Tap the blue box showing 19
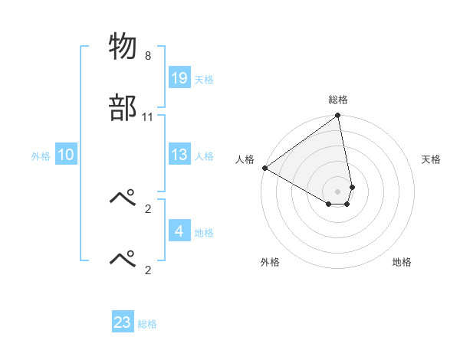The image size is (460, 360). point(179,78)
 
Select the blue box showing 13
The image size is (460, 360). point(179,155)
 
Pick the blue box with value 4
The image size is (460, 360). point(179,231)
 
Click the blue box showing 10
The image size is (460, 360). point(66,155)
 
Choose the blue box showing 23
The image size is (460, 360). point(123,322)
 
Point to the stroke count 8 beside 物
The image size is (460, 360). point(148,56)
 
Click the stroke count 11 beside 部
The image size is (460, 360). point(148,116)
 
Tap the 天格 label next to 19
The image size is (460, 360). point(204,79)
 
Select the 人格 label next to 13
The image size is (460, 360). point(204,155)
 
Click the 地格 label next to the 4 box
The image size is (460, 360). point(204,232)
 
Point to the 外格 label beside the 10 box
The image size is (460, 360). point(41,155)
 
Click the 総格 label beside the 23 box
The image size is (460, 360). point(147,323)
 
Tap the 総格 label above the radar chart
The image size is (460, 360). point(338,100)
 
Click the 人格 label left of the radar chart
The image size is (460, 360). point(245,159)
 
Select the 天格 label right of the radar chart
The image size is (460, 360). point(431,159)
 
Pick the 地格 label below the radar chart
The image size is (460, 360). point(402,262)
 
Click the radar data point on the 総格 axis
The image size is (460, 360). point(338,116)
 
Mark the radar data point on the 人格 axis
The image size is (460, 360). point(264,168)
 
